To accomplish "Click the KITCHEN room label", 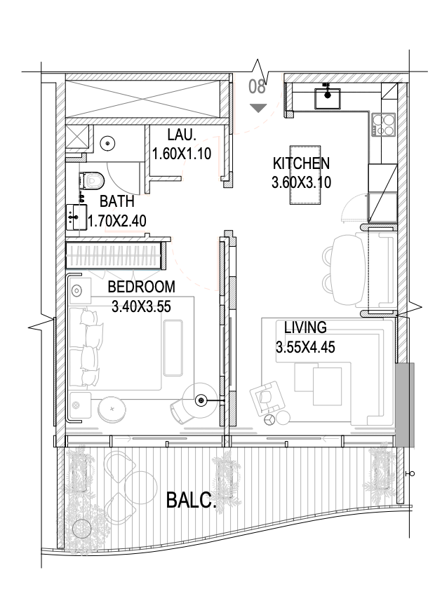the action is [x=301, y=163].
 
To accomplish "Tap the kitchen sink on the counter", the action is [x=328, y=98].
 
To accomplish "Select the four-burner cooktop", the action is [x=384, y=125].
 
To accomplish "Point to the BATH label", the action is [x=117, y=201].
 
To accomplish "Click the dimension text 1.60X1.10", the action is [x=182, y=154].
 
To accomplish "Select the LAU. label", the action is [x=182, y=135].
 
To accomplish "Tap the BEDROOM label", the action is [x=141, y=287].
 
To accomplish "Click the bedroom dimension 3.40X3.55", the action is [x=141, y=306].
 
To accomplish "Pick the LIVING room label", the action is [x=305, y=327].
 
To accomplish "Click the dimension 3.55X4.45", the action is [x=305, y=347].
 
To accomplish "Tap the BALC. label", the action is [x=192, y=501].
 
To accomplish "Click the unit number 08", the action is [x=257, y=86].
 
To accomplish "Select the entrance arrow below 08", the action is [x=258, y=108].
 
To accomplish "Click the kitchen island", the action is [x=305, y=175].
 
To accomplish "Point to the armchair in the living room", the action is [x=267, y=398].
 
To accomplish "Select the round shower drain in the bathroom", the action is [x=107, y=144].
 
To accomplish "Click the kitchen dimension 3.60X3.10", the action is [x=301, y=182].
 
